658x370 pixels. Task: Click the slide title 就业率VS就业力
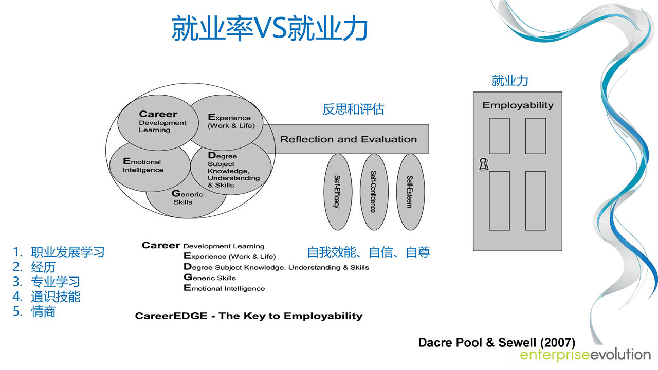tap(269, 28)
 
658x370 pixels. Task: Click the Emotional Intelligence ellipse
tap(144, 165)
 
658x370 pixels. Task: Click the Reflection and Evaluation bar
tap(348, 139)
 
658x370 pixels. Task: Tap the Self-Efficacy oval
tap(337, 192)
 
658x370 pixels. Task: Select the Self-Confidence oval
tap(373, 192)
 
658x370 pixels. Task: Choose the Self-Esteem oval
tap(410, 192)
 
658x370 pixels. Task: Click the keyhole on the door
tap(483, 164)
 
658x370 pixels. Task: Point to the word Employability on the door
tap(518, 105)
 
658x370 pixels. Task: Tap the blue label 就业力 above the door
tap(510, 81)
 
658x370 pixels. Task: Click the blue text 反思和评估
tap(353, 109)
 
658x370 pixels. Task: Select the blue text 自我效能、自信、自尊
tap(369, 252)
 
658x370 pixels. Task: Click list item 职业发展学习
tap(67, 252)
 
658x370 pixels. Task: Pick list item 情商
tap(43, 312)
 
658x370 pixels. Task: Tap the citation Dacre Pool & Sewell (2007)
tap(497, 342)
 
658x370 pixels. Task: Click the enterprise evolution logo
tap(585, 355)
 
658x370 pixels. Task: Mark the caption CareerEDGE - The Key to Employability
tap(249, 316)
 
